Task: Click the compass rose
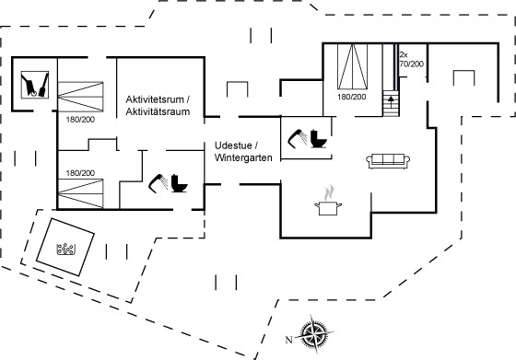pyautogui.click(x=313, y=334)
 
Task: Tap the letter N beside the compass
pyautogui.click(x=288, y=340)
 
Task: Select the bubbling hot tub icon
pyautogui.click(x=65, y=249)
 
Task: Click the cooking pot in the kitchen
pyautogui.click(x=328, y=208)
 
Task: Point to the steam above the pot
pyautogui.click(x=329, y=192)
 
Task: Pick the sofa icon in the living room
pyautogui.click(x=388, y=161)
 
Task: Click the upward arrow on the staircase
pyautogui.click(x=391, y=99)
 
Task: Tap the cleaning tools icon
pyautogui.click(x=35, y=85)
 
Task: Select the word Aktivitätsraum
pyautogui.click(x=158, y=111)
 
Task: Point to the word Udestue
pyautogui.click(x=233, y=145)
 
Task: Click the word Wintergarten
pyautogui.click(x=243, y=157)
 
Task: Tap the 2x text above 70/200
pyautogui.click(x=404, y=54)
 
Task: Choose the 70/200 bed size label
pyautogui.click(x=411, y=64)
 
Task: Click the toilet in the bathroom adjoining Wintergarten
pyautogui.click(x=319, y=139)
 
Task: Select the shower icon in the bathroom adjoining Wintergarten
pyautogui.click(x=297, y=138)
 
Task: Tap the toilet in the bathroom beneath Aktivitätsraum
pyautogui.click(x=179, y=183)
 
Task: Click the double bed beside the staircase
pyautogui.click(x=352, y=66)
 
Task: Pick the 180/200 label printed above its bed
pyautogui.click(x=80, y=173)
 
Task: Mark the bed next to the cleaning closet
pyautogui.click(x=81, y=97)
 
